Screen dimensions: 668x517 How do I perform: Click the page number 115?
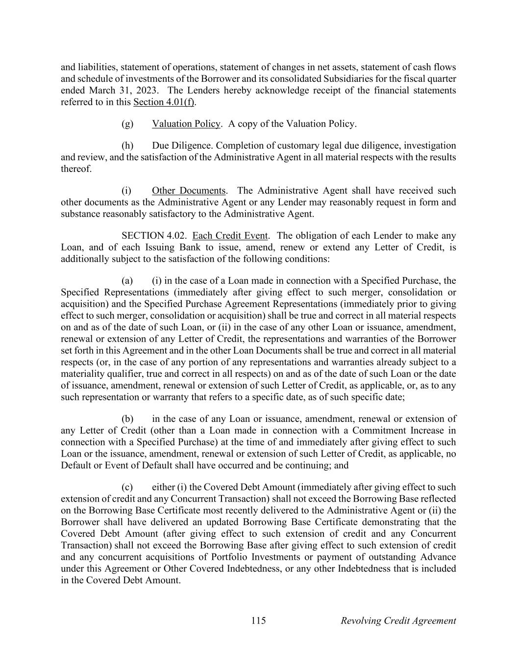coord(258,621)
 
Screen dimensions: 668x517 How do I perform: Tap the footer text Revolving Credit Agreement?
coord(398,621)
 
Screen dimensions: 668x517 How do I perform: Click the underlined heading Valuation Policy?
coord(186,124)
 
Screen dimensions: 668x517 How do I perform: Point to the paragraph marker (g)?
coord(127,124)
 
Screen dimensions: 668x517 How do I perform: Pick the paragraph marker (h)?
coord(127,146)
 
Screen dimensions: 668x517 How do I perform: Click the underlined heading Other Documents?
coord(189,190)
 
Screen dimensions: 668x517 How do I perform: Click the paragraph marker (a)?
coord(127,280)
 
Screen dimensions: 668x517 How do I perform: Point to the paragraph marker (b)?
coord(127,419)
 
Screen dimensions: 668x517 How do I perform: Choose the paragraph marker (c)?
coord(127,487)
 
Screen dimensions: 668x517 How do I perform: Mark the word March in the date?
coord(102,91)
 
